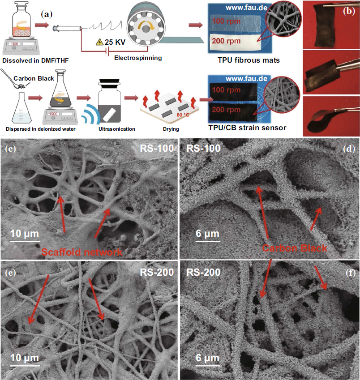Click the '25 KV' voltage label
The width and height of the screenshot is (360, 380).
pos(115,42)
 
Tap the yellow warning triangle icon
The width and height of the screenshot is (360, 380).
pos(99,42)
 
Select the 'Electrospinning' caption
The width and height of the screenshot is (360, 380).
pos(138,58)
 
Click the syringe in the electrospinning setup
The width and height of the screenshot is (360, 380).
pos(67,28)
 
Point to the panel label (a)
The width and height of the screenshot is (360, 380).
pos(47,14)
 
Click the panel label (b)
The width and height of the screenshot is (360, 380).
pos(349,11)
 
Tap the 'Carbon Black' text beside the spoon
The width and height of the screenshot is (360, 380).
pos(34,78)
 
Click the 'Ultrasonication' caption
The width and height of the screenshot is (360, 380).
pos(117,129)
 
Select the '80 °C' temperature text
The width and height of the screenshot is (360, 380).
pos(183,115)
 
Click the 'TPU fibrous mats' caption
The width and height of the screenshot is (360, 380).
pos(249,60)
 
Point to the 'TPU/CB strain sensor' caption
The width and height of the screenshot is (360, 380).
pos(247,128)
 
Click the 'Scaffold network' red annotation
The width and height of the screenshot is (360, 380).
pos(82,252)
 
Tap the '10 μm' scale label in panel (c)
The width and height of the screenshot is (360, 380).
pos(25,233)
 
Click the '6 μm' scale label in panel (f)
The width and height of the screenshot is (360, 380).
pos(207,358)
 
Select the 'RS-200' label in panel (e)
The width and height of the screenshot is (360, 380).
pos(157,273)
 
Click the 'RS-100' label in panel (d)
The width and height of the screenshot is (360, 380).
pos(203,148)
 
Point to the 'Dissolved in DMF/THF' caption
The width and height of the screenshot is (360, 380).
pos(35,60)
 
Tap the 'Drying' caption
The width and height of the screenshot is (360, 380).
pos(171,129)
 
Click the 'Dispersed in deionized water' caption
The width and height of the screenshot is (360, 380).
pos(41,129)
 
